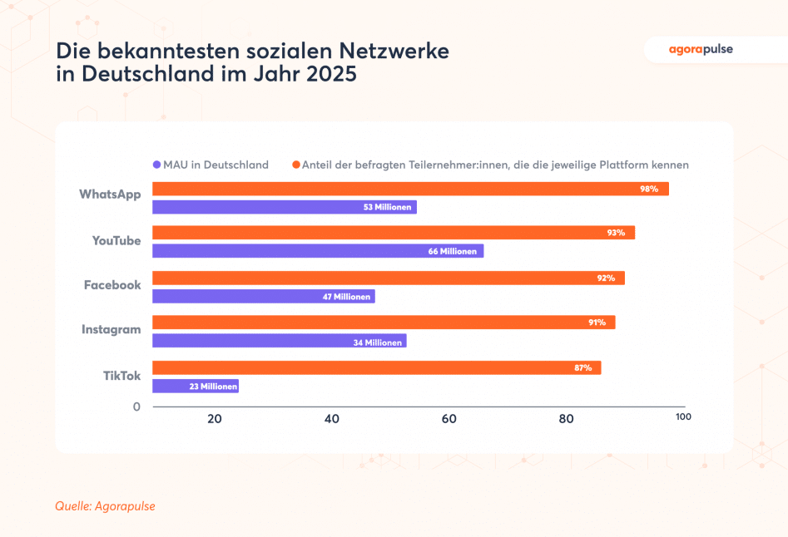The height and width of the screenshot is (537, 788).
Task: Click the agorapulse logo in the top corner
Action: tap(701, 49)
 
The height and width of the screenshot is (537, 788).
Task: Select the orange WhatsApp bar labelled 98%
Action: tap(410, 190)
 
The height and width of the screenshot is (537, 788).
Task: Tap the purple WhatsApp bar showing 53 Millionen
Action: tap(284, 207)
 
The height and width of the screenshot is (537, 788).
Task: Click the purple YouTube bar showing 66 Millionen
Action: tap(317, 251)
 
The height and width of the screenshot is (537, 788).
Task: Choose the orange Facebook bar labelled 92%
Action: tap(388, 278)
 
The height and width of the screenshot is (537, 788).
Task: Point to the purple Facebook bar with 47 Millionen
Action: tap(263, 297)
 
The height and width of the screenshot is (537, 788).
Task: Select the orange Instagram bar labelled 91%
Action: tap(383, 323)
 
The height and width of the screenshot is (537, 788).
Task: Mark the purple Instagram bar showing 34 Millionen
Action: tap(279, 342)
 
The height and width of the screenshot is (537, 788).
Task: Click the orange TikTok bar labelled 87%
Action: tap(376, 367)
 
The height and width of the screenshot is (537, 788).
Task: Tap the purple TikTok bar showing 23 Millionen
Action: tap(195, 387)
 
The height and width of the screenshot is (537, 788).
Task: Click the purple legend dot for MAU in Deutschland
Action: tap(156, 165)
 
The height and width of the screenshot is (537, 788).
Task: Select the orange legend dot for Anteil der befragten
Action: tap(295, 165)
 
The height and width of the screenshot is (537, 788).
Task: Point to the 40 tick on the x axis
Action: tap(332, 419)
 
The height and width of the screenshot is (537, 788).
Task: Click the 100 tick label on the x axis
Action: tap(682, 416)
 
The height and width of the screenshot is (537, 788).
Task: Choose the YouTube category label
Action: tap(116, 241)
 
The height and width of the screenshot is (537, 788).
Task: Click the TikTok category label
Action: tap(121, 376)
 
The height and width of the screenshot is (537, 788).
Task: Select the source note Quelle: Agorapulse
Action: tap(105, 505)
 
